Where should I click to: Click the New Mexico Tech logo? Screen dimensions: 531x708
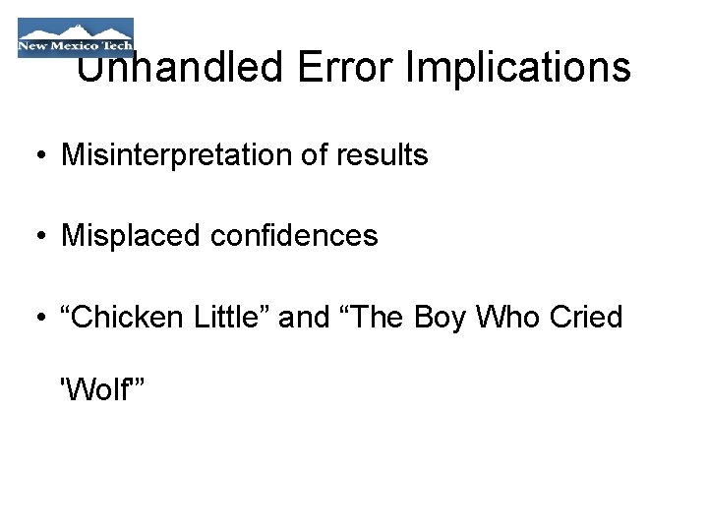click(x=75, y=37)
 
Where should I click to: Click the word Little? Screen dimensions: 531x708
click(x=232, y=317)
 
